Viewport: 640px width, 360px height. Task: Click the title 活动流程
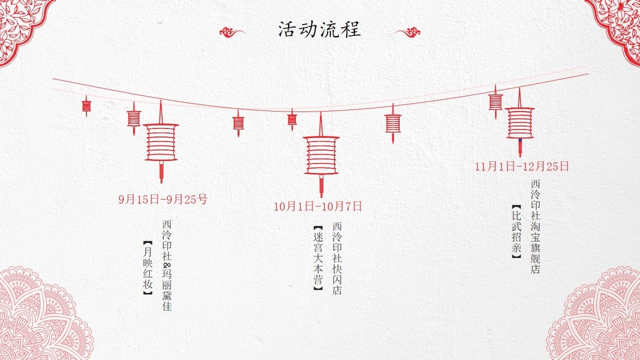click(320, 29)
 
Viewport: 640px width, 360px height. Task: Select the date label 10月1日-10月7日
click(318, 206)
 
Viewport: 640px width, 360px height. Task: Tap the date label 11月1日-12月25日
click(522, 167)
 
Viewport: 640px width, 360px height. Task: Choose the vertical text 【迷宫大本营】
click(318, 259)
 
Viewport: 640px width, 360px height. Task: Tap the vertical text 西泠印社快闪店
click(337, 259)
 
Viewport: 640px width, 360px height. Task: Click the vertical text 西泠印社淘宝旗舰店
click(536, 227)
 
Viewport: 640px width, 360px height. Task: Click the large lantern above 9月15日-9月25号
click(161, 142)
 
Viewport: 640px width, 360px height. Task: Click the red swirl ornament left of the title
click(232, 32)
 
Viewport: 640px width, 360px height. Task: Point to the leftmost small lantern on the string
click(86, 106)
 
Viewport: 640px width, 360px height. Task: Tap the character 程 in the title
click(351, 29)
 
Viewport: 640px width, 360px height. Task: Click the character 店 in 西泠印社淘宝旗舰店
click(536, 269)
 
